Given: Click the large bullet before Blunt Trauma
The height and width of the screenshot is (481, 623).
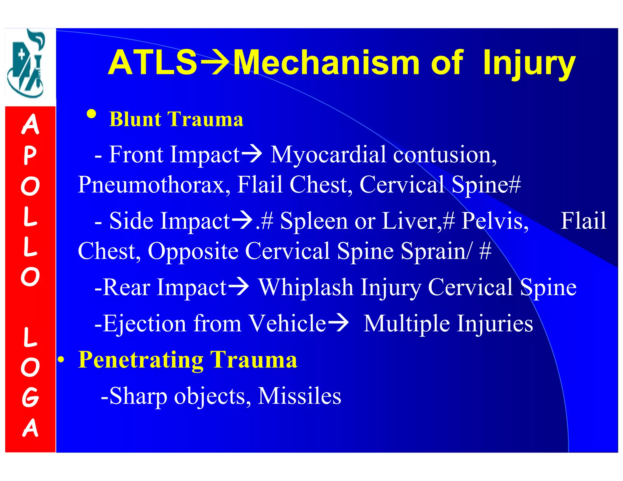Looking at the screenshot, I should pos(91,115).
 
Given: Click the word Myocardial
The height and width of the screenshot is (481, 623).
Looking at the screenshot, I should pos(328,155).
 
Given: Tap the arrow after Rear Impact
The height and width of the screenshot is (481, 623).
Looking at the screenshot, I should pos(238,287).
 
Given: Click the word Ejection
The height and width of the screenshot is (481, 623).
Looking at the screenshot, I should pos(144,324).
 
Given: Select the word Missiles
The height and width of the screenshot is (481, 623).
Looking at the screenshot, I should pos(299,396).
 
